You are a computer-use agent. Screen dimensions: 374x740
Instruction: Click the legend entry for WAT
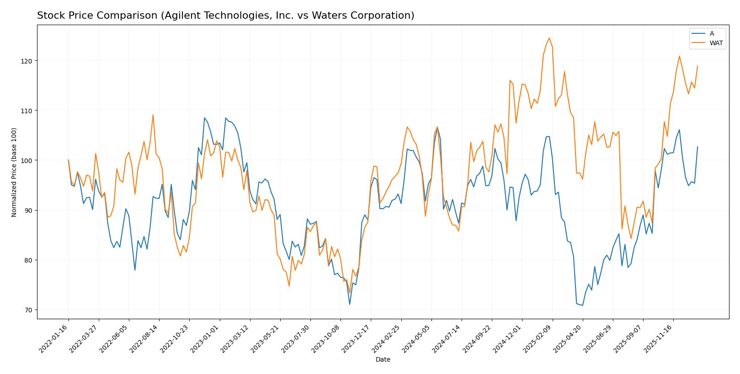click(x=716, y=43)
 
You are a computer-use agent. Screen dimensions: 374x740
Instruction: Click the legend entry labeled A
click(x=711, y=33)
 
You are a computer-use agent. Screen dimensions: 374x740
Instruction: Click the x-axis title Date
click(x=383, y=360)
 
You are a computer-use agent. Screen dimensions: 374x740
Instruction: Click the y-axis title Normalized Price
click(x=14, y=172)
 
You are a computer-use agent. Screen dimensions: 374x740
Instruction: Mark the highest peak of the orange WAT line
click(x=549, y=38)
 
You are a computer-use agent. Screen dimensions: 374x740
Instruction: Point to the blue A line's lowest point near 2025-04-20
click(x=582, y=305)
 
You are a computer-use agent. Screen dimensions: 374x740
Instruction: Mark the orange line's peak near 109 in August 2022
click(x=153, y=115)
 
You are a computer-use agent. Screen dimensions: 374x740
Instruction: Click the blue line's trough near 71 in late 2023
click(x=350, y=304)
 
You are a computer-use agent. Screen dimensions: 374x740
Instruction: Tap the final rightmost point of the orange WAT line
click(x=697, y=66)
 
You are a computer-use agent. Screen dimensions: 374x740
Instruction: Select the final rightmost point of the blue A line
click(x=697, y=147)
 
